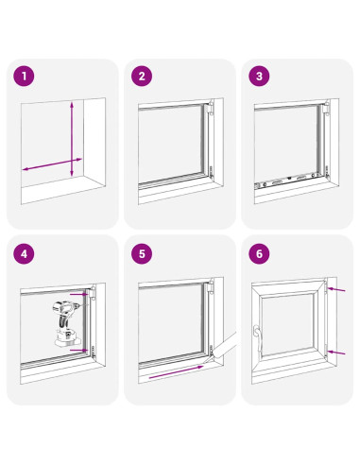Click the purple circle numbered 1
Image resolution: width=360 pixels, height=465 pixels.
(x=24, y=77)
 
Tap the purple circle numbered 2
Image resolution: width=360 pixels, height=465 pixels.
(x=142, y=77)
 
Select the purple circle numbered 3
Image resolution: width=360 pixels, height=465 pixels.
(x=259, y=77)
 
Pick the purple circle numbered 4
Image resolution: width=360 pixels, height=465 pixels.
(x=24, y=253)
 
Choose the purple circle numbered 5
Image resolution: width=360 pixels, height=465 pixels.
(x=142, y=253)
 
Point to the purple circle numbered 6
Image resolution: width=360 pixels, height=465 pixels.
(x=259, y=253)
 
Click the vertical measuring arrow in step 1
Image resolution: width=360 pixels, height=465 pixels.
(x=72, y=139)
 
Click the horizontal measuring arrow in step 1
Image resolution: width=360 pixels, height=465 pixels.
(x=52, y=164)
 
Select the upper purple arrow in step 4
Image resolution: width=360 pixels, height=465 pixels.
(x=78, y=294)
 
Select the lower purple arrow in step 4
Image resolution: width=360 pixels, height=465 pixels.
(x=78, y=350)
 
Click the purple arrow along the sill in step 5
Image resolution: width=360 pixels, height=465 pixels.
(x=177, y=371)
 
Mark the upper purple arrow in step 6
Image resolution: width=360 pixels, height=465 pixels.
(x=336, y=289)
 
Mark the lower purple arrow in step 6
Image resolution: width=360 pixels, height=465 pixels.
(x=336, y=352)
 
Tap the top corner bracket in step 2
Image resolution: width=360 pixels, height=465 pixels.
(x=211, y=108)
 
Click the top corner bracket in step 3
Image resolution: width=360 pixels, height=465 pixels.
(x=327, y=108)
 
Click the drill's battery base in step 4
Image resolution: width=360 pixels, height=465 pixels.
(x=67, y=338)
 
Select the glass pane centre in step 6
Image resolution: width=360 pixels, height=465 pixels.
(x=287, y=324)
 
